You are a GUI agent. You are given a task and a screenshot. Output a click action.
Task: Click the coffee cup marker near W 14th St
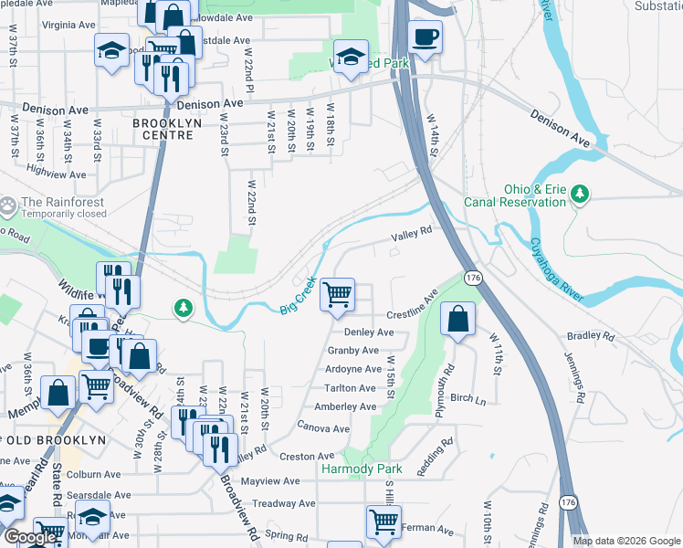(425, 37)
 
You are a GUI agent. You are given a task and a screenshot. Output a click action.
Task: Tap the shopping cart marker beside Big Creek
(338, 294)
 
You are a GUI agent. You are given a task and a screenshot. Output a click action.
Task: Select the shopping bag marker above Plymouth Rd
(458, 320)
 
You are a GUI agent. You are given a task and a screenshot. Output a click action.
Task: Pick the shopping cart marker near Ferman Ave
(384, 522)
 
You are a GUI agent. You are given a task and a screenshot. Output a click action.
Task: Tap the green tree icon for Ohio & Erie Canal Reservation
(579, 193)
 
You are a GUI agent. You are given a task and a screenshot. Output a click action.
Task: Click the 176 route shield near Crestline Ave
(473, 277)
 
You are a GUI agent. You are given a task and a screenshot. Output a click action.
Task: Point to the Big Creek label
(298, 295)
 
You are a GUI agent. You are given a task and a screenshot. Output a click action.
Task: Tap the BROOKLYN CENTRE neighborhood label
(163, 128)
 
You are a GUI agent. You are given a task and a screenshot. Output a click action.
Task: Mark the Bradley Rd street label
(591, 336)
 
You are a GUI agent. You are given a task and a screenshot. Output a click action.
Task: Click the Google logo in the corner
(31, 537)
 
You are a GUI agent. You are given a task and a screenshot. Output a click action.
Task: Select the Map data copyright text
(626, 541)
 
